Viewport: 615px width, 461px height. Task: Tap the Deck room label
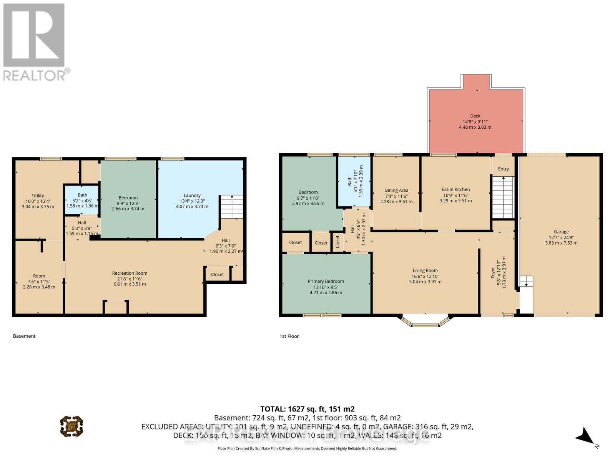(475, 116)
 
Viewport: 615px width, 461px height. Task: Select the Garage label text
(561, 232)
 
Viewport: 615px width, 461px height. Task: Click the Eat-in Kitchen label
(455, 189)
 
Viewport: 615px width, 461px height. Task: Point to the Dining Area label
(396, 190)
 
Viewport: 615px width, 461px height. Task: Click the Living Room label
(425, 270)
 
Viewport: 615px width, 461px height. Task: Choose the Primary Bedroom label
(326, 281)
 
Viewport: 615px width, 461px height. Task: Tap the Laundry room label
(192, 196)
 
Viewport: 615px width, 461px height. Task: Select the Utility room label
(38, 196)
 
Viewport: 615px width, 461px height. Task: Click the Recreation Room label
(130, 273)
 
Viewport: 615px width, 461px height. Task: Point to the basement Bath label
(82, 195)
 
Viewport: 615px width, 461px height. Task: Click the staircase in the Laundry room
(231, 207)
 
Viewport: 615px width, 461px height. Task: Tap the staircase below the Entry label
(503, 197)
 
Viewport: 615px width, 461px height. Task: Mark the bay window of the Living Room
(426, 322)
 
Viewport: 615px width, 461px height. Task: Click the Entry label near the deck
(503, 169)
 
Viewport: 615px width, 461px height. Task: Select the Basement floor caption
(24, 336)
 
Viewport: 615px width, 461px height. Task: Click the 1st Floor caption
(289, 336)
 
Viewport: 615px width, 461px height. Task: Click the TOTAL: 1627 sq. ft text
(307, 409)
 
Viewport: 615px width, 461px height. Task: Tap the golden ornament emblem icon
(71, 426)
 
